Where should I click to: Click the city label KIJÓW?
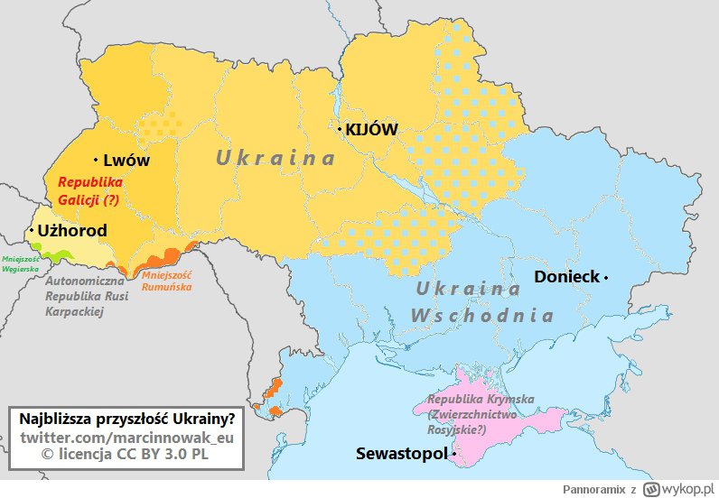(x=371, y=130)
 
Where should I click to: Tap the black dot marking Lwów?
(x=95, y=161)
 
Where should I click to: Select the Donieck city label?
(x=566, y=277)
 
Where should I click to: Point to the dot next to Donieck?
(x=607, y=277)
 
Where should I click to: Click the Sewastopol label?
(x=401, y=453)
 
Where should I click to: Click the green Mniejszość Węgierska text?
(x=21, y=264)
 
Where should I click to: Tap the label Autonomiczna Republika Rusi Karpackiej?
(x=87, y=296)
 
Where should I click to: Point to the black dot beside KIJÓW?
(x=340, y=130)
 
